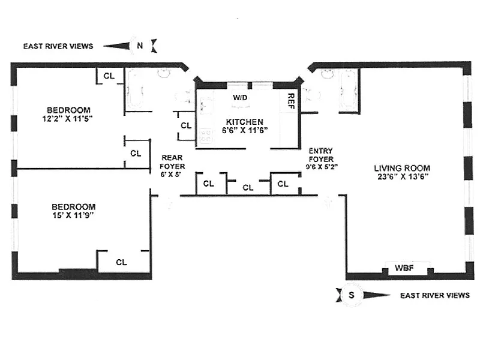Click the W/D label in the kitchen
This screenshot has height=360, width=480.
pos(239,97)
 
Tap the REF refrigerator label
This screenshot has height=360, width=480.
pos(290,101)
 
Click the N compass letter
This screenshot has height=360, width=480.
pos(140,45)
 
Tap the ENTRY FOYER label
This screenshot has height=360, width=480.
pos(320,155)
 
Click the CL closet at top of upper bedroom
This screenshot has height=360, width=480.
pos(109,76)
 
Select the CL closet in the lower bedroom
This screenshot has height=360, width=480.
pos(121,262)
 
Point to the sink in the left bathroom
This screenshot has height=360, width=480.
pos(164,74)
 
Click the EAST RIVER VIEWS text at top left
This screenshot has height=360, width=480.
pos(58,46)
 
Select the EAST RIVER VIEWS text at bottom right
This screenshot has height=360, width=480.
pos(434,295)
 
